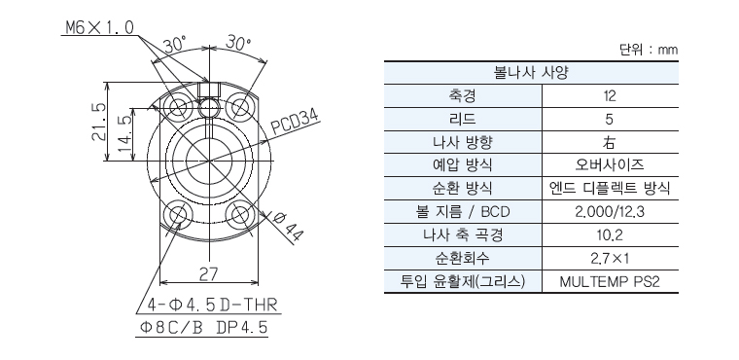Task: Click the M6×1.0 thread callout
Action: click(x=99, y=28)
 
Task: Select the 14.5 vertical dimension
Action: click(x=124, y=134)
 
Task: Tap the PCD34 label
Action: click(x=295, y=123)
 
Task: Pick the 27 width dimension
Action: click(x=208, y=274)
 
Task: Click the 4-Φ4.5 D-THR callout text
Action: click(x=212, y=305)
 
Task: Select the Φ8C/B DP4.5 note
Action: click(x=203, y=328)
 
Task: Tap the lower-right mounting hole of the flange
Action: click(x=238, y=215)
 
